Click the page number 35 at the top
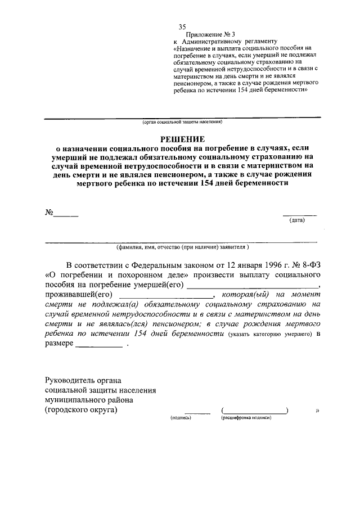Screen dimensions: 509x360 coord(182,27)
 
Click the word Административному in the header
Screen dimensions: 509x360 coord(219,42)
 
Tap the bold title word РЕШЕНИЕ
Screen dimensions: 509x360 coord(182,138)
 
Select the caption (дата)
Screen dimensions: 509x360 coord(297,220)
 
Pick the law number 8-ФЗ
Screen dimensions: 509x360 coord(308,265)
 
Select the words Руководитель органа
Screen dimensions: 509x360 coord(83,380)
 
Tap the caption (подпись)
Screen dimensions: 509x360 coord(181,418)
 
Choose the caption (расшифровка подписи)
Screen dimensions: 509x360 coord(246,418)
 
